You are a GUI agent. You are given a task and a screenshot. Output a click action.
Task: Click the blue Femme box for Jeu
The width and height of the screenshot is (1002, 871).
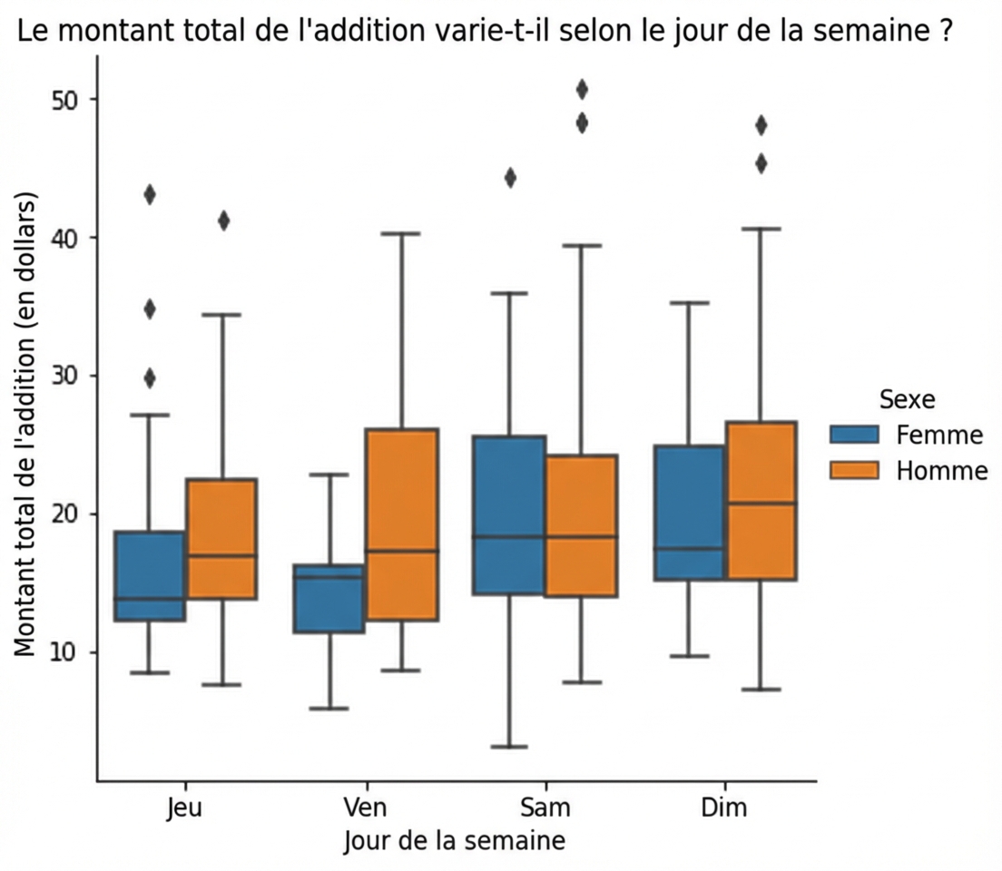150,576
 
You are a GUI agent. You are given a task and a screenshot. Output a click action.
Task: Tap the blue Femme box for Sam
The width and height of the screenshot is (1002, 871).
508,514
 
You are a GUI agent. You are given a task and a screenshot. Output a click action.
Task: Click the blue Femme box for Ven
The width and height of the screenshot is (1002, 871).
329,598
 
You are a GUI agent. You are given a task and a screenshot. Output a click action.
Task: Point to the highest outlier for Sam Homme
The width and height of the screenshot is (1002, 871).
582,89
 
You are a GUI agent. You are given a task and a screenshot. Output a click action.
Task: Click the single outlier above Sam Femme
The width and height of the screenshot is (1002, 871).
510,178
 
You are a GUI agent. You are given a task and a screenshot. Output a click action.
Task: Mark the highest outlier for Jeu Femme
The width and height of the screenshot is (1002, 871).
150,194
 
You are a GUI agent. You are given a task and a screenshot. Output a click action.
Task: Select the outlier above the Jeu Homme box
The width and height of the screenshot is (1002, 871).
223,220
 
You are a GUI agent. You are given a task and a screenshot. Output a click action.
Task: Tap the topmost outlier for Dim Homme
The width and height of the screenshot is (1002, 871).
761,124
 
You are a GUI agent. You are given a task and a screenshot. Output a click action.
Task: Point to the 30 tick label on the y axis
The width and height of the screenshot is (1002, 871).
63,376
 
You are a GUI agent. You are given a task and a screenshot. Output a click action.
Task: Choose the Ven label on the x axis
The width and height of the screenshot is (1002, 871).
365,807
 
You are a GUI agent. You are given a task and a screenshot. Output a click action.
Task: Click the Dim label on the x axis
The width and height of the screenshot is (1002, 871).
725,807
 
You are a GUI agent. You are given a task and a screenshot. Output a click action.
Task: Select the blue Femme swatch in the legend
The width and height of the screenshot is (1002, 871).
854,435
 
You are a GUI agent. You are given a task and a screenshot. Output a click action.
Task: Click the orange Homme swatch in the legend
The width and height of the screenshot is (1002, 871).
854,470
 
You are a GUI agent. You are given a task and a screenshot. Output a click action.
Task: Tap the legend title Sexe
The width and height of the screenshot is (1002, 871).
908,399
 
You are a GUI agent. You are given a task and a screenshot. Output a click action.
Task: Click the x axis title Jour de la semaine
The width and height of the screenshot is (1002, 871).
455,841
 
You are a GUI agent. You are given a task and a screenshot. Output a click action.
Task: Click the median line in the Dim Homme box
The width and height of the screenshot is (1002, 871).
761,503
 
